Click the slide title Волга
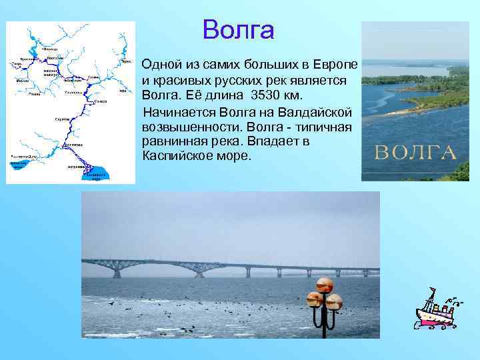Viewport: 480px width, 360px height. coord(238,30)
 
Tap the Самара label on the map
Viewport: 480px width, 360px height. coord(100,101)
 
